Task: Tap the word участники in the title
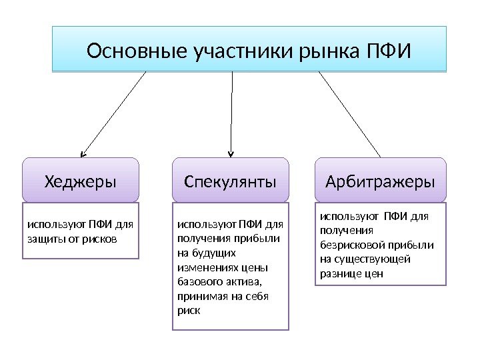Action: pos(230,51)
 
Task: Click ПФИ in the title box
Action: pos(389,51)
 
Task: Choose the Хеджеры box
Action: pos(81,181)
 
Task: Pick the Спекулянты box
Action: pos(231,181)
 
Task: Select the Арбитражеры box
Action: pos(379,181)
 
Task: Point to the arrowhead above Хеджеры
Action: pos(83,153)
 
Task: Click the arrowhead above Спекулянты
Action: pos(231,153)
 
